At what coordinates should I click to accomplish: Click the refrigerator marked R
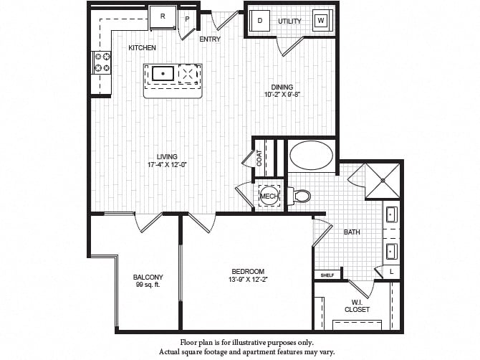163,18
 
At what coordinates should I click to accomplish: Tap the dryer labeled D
259,21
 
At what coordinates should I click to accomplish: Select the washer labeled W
321,21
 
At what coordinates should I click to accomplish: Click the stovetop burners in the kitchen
102,62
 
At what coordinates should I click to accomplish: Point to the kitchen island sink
163,74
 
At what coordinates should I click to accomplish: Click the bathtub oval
311,155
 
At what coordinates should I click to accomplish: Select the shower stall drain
383,181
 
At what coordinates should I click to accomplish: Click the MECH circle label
269,196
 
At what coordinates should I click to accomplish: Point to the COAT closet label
259,158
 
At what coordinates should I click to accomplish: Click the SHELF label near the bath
327,275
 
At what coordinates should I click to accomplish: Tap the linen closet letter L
392,272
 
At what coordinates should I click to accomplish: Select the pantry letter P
187,19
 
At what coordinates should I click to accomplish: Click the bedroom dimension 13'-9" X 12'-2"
248,279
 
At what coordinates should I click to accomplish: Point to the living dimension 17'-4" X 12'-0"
167,164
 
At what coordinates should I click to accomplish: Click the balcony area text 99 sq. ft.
148,285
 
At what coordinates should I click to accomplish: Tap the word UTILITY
289,21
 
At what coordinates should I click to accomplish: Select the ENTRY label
210,39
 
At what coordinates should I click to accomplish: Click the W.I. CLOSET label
357,306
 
